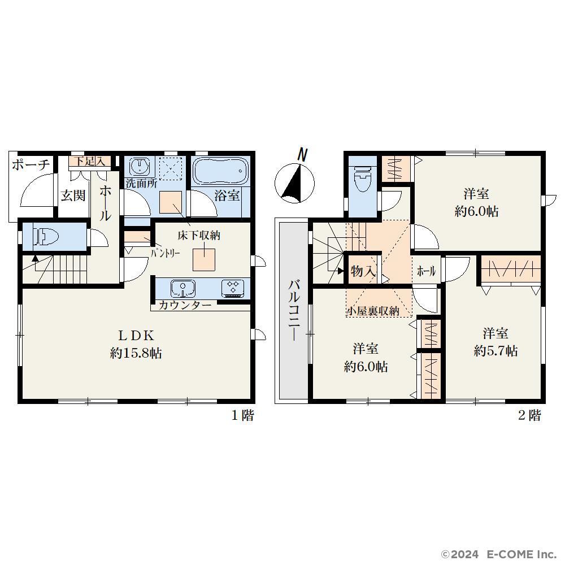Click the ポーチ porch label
[31, 164]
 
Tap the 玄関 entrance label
[73, 195]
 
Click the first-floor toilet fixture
[46, 237]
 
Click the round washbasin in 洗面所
[139, 166]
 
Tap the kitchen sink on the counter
[183, 288]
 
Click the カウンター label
[185, 306]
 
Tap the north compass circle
[294, 182]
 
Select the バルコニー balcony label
[294, 310]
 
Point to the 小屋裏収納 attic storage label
[373, 311]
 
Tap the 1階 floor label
[243, 415]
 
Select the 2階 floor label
[530, 415]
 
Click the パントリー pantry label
[166, 253]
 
